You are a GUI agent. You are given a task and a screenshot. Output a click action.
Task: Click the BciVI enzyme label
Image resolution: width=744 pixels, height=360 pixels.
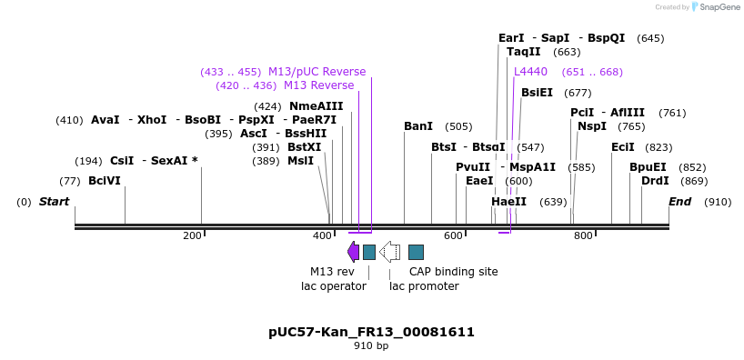(105, 181)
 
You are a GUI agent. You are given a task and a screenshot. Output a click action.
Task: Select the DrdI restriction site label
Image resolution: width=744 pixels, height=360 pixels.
(655, 181)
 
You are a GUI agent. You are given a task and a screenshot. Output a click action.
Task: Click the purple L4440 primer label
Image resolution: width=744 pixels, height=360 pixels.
(530, 72)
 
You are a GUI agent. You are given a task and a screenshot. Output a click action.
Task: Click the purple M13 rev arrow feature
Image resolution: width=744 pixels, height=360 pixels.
(353, 252)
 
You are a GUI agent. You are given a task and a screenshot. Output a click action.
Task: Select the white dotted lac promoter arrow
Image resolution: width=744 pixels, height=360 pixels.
(390, 252)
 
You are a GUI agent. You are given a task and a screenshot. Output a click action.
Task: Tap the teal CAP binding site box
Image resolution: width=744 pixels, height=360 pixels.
(416, 252)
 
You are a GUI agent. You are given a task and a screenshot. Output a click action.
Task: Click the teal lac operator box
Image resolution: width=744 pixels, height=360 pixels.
(369, 252)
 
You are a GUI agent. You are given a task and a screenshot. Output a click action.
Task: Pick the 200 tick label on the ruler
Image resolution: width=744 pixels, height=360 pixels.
(192, 236)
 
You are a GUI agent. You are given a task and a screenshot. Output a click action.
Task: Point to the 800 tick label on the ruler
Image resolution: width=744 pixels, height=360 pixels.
(583, 236)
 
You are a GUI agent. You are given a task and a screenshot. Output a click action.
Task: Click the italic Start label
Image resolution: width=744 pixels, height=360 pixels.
(54, 202)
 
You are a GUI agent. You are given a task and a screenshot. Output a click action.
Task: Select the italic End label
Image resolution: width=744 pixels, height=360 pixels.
(679, 202)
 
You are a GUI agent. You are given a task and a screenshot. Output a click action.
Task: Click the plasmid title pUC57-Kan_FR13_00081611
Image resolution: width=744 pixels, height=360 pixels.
(371, 332)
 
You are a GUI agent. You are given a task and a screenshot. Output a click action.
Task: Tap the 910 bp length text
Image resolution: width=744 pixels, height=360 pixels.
(371, 346)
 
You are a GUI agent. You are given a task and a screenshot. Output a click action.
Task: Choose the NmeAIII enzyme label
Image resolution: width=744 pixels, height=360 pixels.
(316, 106)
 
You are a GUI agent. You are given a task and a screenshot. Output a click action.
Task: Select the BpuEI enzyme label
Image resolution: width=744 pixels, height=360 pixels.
(648, 167)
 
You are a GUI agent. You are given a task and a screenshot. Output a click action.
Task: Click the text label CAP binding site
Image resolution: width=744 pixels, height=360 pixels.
(453, 271)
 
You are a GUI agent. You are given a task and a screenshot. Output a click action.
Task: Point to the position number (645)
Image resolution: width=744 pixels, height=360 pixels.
(650, 38)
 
